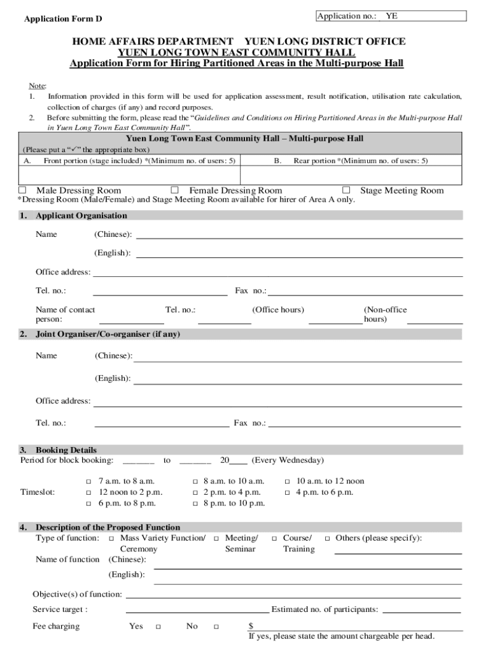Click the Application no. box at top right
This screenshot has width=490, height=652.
coord(391,17)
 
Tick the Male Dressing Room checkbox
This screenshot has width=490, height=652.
coord(22,190)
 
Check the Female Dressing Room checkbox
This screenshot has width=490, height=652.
coord(174,190)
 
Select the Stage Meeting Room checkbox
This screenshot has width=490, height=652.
coord(346,190)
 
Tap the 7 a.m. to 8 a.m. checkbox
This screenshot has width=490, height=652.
coord(88,481)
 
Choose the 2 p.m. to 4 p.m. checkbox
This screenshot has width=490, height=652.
coord(195,492)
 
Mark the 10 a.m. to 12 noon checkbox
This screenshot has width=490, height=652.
coord(287,481)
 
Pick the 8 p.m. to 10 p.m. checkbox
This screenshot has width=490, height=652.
coord(195,503)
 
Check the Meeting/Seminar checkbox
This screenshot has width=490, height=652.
coord(218,538)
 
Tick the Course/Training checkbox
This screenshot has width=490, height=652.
coord(275,538)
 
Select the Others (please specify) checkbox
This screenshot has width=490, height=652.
coord(327,538)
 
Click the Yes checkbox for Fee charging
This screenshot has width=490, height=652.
coord(157,627)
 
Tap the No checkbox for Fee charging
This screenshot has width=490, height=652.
coord(216,627)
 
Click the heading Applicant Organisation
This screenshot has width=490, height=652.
coord(81,216)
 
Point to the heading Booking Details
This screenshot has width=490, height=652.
coord(66,450)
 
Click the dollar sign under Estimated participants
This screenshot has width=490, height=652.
coord(251,626)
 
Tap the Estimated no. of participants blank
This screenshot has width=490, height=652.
coord(421,610)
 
